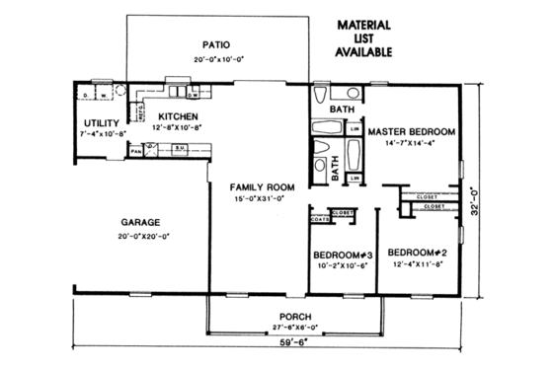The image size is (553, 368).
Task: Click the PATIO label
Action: [215, 44]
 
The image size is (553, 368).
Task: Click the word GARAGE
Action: [141, 222]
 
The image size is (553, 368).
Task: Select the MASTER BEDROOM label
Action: [411, 131]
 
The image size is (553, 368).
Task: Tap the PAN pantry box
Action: [135, 151]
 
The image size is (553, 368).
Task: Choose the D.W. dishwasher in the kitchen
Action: [194, 95]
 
